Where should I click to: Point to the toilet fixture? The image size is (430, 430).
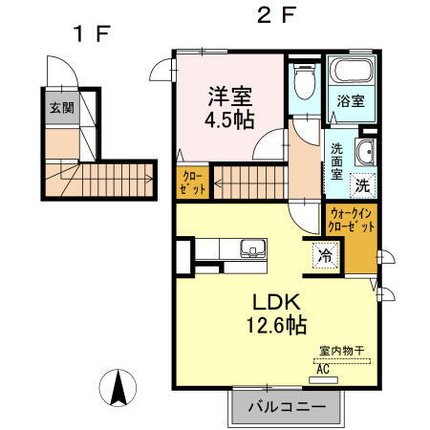tap(304, 84)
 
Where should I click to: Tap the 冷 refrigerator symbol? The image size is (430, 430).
tap(326, 255)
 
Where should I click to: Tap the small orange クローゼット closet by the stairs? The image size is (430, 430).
tap(192, 183)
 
